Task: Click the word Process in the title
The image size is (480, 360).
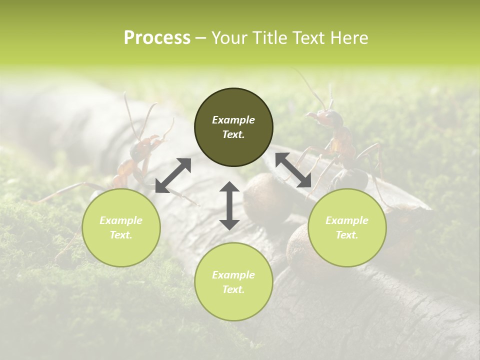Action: [157, 38]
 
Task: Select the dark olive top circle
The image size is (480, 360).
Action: [233, 127]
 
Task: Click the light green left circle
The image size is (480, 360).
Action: [121, 227]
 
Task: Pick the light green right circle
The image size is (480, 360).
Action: [347, 227]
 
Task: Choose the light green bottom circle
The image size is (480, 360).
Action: [233, 282]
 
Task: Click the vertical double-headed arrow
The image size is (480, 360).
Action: [229, 205]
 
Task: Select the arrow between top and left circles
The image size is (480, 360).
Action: [173, 175]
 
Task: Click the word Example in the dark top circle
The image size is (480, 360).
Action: [233, 120]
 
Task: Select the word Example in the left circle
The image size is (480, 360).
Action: [121, 220]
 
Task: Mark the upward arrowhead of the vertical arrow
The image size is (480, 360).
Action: [229, 186]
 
